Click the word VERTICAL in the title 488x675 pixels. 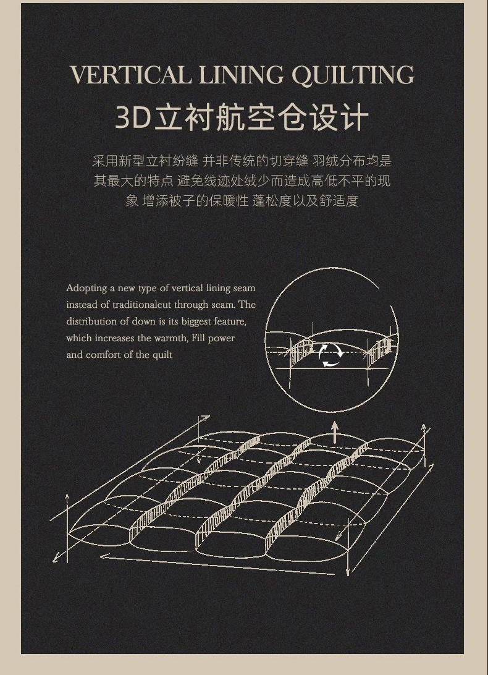coord(130,75)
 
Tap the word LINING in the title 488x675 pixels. coord(242,75)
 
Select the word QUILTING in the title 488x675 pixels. coord(353,76)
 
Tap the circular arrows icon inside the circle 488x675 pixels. coord(331,355)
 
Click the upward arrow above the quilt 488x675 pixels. coord(335,432)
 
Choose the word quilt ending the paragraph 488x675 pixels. coord(162,355)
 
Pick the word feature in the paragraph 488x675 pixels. coord(230,322)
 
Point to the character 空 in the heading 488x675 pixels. coord(260,117)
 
